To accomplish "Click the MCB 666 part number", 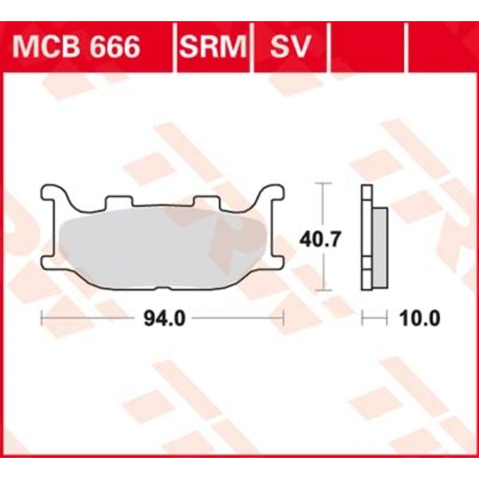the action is tap(76, 46).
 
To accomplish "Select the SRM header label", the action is tap(213, 46).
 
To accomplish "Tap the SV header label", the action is tap(290, 46).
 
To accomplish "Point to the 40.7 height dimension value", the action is tap(319, 239).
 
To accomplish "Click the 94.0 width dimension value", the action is tap(165, 319).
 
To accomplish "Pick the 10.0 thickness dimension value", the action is tap(420, 319).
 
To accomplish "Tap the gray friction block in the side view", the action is tap(380, 248).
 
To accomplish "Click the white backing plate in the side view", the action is tap(366, 237).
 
